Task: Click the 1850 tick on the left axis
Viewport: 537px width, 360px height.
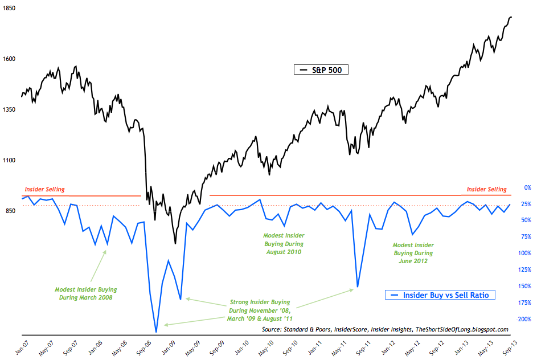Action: pyautogui.click(x=9, y=9)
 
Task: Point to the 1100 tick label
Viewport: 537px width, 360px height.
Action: pyautogui.click(x=9, y=161)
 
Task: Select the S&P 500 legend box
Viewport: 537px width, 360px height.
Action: pyautogui.click(x=321, y=70)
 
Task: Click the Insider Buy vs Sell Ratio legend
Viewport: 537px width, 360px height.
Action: pyautogui.click(x=440, y=295)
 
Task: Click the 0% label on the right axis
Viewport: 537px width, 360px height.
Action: pyautogui.click(x=527, y=187)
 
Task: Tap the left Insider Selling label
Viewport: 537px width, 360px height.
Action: pyautogui.click(x=44, y=189)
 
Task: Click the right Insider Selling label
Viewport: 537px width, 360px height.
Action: pyautogui.click(x=486, y=189)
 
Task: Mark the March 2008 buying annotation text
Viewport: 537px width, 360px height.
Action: pyautogui.click(x=84, y=293)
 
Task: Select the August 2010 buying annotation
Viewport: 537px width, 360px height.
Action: pyautogui.click(x=283, y=243)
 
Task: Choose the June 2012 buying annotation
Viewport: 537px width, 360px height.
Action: pyautogui.click(x=413, y=253)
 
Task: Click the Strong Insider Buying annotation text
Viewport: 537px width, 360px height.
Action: pyautogui.click(x=260, y=310)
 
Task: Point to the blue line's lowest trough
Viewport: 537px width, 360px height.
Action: pyautogui.click(x=156, y=332)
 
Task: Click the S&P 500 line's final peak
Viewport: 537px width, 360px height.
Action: pyautogui.click(x=511, y=17)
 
